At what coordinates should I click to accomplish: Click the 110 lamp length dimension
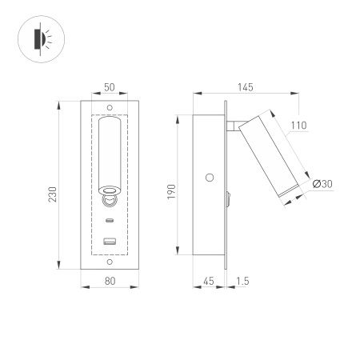pos(298,125)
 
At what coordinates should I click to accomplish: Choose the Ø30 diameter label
pos(322,185)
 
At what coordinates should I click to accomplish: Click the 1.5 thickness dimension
pos(242,280)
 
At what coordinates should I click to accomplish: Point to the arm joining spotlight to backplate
pos(235,124)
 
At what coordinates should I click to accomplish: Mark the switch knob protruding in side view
pos(230,195)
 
